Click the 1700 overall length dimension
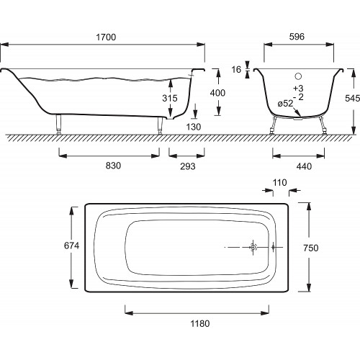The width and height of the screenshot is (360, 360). (x=106, y=37)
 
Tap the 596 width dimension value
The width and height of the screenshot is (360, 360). (x=297, y=37)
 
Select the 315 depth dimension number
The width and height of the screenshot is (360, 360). (x=170, y=98)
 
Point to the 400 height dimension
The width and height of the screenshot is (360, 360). (x=217, y=93)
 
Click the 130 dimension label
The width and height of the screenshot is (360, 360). (x=194, y=127)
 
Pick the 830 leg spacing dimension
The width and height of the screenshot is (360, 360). (x=113, y=166)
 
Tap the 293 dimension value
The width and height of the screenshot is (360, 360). (x=188, y=166)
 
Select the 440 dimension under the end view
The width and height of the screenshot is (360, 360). (x=304, y=166)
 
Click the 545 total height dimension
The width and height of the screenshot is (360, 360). (x=352, y=98)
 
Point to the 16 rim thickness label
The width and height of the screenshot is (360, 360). (x=236, y=70)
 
